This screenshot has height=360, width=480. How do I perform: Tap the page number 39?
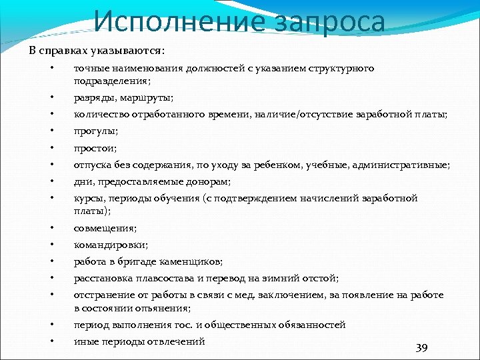pos(421,348)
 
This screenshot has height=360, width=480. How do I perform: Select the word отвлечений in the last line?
pos(179,341)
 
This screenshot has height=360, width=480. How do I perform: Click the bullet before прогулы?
pos(51,131)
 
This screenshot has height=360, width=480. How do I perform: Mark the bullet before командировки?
pos(51,245)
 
